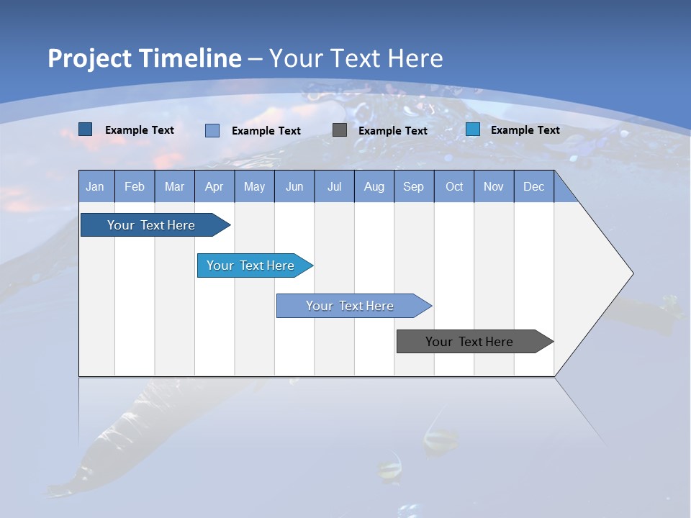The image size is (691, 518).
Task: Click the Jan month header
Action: pyautogui.click(x=96, y=186)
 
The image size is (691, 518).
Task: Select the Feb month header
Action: pyautogui.click(x=135, y=186)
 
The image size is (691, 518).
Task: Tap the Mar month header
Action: pyautogui.click(x=174, y=186)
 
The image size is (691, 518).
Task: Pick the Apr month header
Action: pyautogui.click(x=214, y=186)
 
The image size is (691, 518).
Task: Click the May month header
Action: pyautogui.click(x=254, y=186)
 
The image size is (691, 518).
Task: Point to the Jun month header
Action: pyautogui.click(x=294, y=186)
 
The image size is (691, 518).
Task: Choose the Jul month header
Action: pyautogui.click(x=334, y=186)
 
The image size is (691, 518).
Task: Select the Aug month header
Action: pyautogui.click(x=374, y=186)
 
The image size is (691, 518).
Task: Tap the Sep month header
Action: pyautogui.click(x=414, y=186)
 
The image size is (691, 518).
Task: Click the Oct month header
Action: pyautogui.click(x=454, y=186)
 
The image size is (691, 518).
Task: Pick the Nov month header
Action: pyautogui.click(x=494, y=186)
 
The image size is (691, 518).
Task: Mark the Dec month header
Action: pyautogui.click(x=534, y=186)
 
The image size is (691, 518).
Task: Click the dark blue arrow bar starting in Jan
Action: pyautogui.click(x=152, y=225)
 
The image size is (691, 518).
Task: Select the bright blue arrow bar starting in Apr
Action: pyautogui.click(x=251, y=265)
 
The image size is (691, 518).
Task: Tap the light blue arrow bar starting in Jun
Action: pyautogui.click(x=351, y=306)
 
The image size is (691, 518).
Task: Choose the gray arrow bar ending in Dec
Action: pyautogui.click(x=470, y=342)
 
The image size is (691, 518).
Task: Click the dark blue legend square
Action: pyautogui.click(x=86, y=129)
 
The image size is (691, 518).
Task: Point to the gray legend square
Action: pyautogui.click(x=340, y=130)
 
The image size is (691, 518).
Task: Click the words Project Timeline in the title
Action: pyautogui.click(x=145, y=58)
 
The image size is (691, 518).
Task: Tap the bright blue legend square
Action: pyautogui.click(x=473, y=129)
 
